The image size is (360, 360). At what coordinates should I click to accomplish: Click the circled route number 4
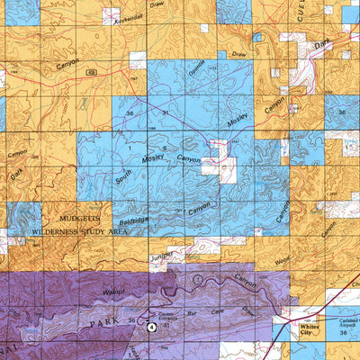pos(151,328)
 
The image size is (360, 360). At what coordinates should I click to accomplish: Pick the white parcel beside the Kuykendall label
pos(111,15)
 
